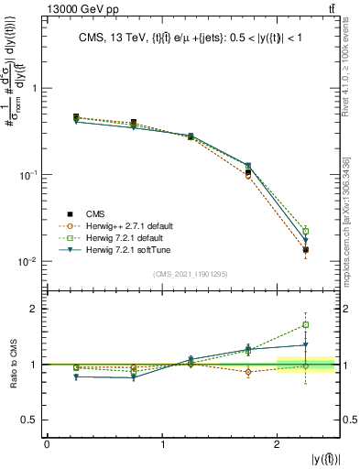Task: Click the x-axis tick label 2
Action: point(277,444)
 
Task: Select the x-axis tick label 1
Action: point(162,444)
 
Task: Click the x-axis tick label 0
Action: point(47,444)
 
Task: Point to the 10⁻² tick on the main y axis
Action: point(27,261)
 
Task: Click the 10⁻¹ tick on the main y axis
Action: point(27,175)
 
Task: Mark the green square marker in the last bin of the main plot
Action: point(306,231)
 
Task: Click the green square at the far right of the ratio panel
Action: point(306,324)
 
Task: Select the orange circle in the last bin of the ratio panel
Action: point(306,365)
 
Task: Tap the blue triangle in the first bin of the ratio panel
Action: point(76,376)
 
